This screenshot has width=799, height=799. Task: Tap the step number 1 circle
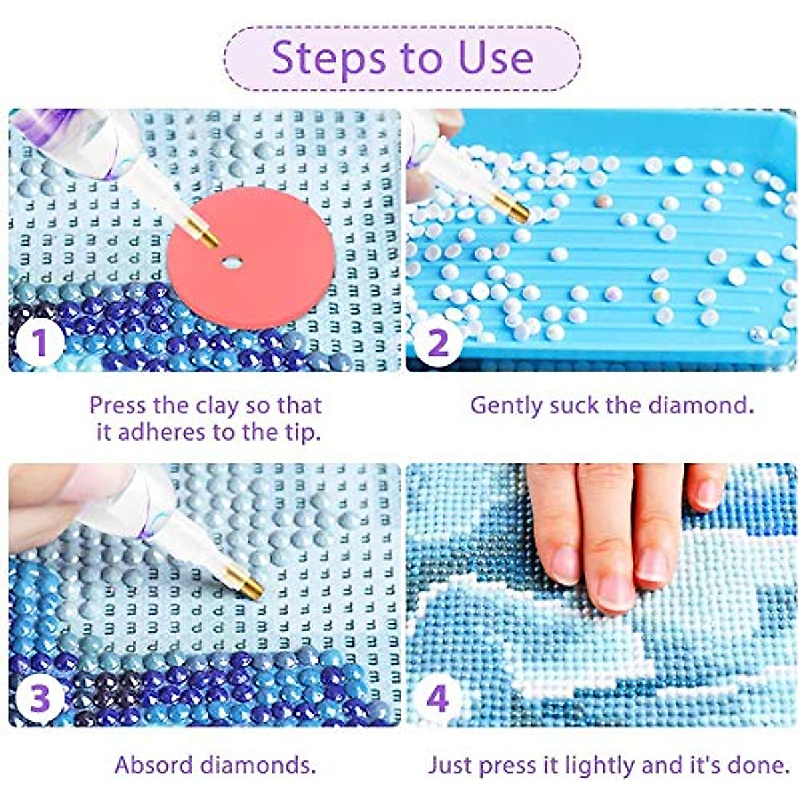click(39, 344)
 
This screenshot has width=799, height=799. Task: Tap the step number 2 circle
click(437, 344)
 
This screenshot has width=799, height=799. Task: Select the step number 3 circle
click(39, 699)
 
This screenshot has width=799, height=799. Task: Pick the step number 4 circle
click(437, 699)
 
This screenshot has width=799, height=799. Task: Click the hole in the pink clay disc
click(232, 262)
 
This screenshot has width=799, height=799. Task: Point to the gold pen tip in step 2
click(519, 211)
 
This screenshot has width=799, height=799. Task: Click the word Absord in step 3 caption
click(154, 765)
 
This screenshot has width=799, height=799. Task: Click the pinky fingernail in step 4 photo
click(709, 494)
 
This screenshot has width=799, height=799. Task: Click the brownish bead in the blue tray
click(603, 200)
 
